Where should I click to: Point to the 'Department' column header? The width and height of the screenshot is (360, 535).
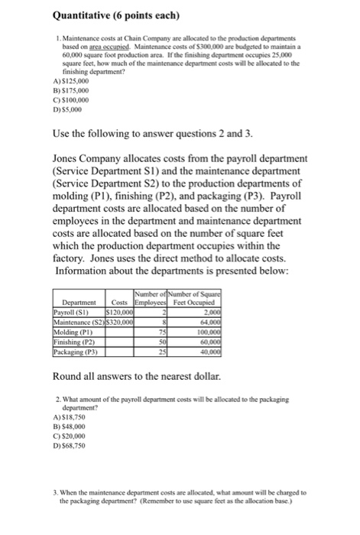click(x=77, y=303)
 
